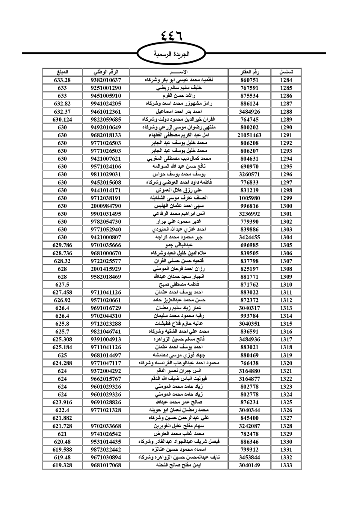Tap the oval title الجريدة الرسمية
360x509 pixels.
coord(171,54)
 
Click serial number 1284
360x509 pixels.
coord(286,80)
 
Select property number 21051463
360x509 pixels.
coord(249,135)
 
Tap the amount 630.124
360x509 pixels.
coord(62,120)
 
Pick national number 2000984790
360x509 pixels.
coord(106,206)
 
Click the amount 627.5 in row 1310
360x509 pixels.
coord(62,284)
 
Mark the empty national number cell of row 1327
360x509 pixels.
coord(106,418)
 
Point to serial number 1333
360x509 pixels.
coord(286,465)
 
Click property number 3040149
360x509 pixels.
coord(249,465)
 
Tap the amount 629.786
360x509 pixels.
coord(62,245)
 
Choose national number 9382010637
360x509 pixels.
coord(106,80)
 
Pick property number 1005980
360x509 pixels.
coord(249,198)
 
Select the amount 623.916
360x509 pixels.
coord(62,402)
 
